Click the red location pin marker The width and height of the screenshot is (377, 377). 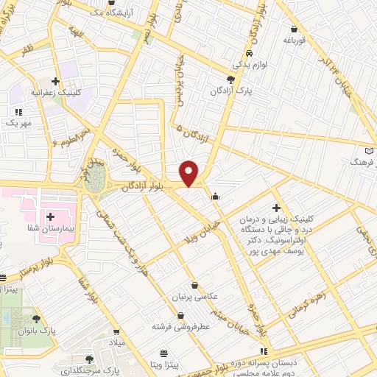189,172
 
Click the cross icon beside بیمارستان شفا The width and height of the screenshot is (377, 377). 50,216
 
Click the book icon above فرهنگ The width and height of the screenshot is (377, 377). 370,149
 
